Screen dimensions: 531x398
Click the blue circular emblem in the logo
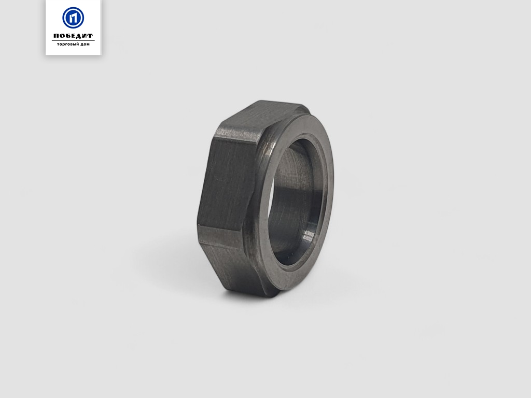click(73, 18)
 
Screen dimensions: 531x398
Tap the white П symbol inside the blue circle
click(73, 18)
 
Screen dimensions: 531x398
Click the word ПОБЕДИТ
click(73, 36)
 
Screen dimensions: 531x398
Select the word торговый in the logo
click(66, 45)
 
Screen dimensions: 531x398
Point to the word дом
click(84, 45)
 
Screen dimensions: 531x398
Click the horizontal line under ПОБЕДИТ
click(73, 40)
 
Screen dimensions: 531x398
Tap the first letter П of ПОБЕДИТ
click(57, 36)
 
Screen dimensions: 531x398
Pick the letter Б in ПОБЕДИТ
click(68, 36)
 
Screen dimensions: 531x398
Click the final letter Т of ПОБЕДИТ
click(90, 36)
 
